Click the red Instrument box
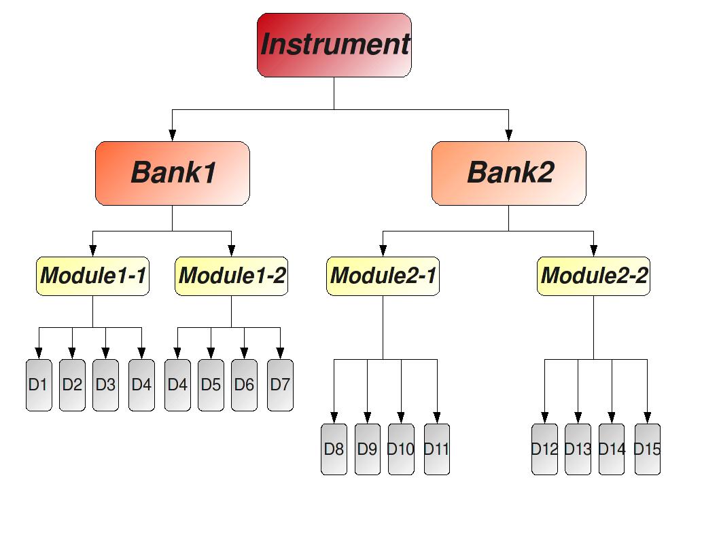[334, 45]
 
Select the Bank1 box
[173, 173]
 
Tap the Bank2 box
[509, 173]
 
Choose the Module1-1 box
[92, 276]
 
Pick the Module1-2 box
[231, 276]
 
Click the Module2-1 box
[383, 276]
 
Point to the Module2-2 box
[593, 276]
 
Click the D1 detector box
[39, 385]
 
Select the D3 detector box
[105, 385]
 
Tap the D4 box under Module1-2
[177, 385]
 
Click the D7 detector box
[280, 385]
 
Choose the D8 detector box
[334, 449]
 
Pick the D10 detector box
[401, 449]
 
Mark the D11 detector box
[437, 449]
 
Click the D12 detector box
[544, 449]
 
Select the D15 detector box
[647, 449]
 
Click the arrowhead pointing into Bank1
[173, 135]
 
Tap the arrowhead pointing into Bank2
[509, 135]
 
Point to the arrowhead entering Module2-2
[593, 251]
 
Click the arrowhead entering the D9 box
[368, 417]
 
